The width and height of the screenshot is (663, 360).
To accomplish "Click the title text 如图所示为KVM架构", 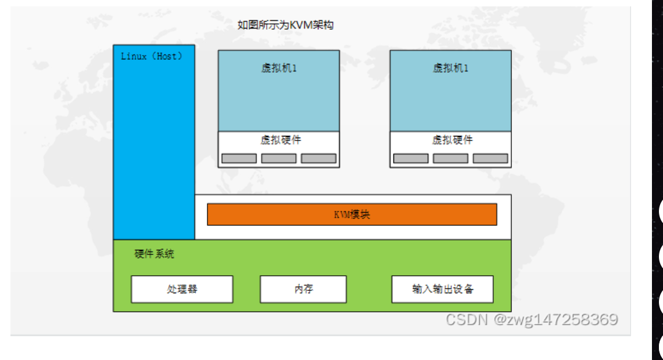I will pyautogui.click(x=285, y=25).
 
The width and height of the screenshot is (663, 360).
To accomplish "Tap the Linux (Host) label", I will pyautogui.click(x=152, y=56).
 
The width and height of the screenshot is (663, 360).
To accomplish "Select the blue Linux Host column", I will pyautogui.click(x=154, y=151).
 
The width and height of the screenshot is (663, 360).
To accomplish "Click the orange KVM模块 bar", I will pyautogui.click(x=352, y=214).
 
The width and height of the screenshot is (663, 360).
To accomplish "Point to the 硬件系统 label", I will pyautogui.click(x=154, y=254).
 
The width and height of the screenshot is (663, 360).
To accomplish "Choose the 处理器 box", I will pyautogui.click(x=182, y=289).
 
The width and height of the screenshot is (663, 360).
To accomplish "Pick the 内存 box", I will pyautogui.click(x=303, y=289).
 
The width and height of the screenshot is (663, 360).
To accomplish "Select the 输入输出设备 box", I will pyautogui.click(x=443, y=289).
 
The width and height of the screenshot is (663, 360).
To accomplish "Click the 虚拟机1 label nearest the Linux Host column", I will pyautogui.click(x=279, y=68).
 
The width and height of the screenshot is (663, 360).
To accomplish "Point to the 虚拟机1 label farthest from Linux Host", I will pyautogui.click(x=451, y=68).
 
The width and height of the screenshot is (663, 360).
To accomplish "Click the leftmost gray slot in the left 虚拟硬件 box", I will pyautogui.click(x=239, y=158).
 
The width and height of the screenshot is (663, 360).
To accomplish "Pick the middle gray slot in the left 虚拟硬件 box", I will pyautogui.click(x=279, y=158).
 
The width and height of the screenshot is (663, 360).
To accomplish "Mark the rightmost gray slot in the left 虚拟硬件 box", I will pyautogui.click(x=318, y=158).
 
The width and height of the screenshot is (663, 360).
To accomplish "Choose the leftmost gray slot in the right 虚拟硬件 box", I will pyautogui.click(x=411, y=158).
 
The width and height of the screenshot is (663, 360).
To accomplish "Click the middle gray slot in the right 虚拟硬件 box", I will pyautogui.click(x=451, y=158).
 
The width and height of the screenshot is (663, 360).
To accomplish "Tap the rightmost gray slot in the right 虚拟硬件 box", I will pyautogui.click(x=490, y=158).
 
